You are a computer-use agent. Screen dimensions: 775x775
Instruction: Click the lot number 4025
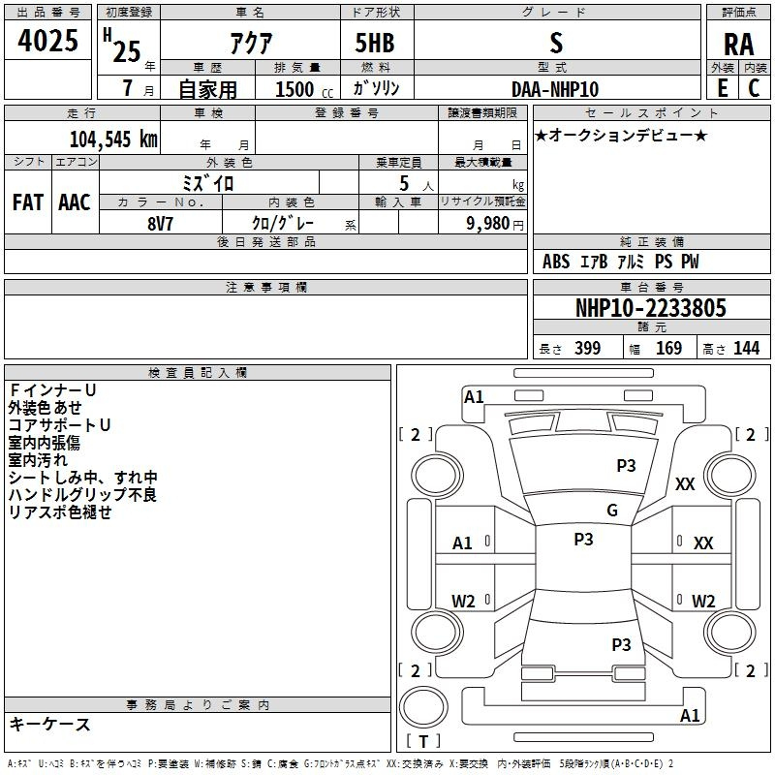(x=47, y=41)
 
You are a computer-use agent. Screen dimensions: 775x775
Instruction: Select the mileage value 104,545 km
(x=113, y=139)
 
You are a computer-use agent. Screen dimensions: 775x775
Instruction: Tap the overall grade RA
(x=738, y=45)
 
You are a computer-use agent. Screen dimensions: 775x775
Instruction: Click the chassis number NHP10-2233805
(x=651, y=308)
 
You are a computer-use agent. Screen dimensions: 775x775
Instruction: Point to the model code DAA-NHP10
(x=555, y=89)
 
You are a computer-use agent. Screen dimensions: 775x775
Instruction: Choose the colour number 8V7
(x=160, y=224)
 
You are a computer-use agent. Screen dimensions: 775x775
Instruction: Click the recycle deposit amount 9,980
(x=488, y=223)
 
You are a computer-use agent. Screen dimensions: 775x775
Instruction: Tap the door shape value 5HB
(x=375, y=43)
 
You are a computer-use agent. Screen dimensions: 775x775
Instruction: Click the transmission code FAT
(x=28, y=202)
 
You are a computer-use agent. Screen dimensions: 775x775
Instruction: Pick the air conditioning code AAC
(x=75, y=202)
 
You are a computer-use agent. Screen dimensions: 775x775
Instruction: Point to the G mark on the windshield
(x=612, y=511)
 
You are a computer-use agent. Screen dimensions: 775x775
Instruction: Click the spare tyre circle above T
(x=423, y=707)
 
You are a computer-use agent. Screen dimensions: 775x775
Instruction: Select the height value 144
(x=746, y=348)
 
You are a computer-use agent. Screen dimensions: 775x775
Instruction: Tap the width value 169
(x=668, y=348)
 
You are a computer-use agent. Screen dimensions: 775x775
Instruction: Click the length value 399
(x=587, y=348)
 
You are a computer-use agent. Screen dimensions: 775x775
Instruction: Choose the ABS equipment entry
(x=556, y=262)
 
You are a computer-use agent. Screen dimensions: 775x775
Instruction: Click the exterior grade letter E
(x=722, y=88)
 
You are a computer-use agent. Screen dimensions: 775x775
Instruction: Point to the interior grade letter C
(x=754, y=88)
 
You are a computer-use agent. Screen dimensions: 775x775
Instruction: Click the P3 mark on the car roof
(x=583, y=539)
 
